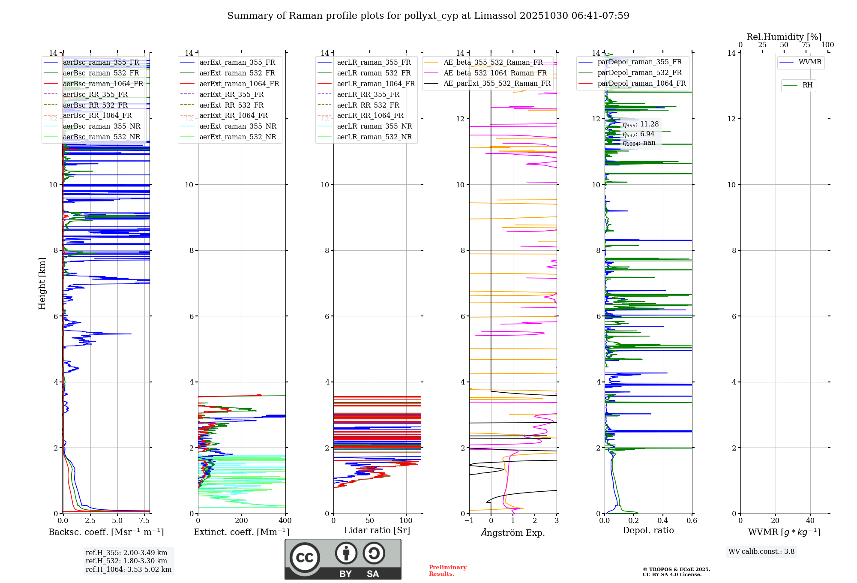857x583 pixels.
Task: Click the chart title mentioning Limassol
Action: [x=428, y=16]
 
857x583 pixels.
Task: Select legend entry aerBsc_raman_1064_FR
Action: [x=103, y=84]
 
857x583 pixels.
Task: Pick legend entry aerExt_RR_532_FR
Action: [x=231, y=105]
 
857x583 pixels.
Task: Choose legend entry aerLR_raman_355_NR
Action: [x=374, y=126]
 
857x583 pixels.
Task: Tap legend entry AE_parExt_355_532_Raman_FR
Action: [x=497, y=84]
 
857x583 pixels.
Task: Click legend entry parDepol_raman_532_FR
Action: [x=639, y=73]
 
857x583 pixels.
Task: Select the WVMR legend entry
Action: [x=810, y=62]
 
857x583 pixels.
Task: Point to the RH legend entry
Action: [x=807, y=85]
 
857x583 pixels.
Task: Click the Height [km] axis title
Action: [x=42, y=283]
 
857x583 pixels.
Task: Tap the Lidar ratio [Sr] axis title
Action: [x=377, y=530]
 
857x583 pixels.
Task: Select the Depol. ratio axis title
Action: [x=648, y=530]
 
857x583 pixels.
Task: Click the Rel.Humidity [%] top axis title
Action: [x=784, y=37]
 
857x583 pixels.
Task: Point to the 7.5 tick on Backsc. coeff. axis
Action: [x=144, y=521]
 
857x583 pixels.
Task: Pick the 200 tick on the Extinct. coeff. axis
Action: [x=242, y=521]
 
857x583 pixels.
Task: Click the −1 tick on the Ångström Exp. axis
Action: [x=469, y=521]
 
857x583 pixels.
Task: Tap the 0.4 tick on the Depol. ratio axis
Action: [x=663, y=521]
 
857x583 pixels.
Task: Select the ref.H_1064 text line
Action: [x=128, y=570]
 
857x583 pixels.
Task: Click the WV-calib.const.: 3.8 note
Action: [x=761, y=552]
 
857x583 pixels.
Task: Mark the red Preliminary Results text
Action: [x=447, y=571]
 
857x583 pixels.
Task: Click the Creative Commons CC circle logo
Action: [x=305, y=558]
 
